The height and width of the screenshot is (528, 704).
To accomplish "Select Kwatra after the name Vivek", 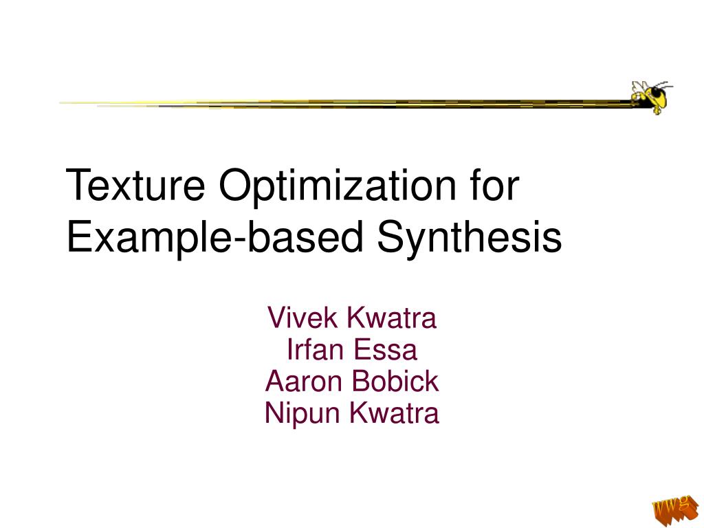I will (x=391, y=319).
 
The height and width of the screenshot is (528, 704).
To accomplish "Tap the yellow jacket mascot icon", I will (x=650, y=96).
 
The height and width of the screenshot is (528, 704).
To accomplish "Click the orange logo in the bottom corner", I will (x=671, y=509).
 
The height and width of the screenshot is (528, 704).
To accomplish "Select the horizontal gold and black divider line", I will (x=344, y=104).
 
